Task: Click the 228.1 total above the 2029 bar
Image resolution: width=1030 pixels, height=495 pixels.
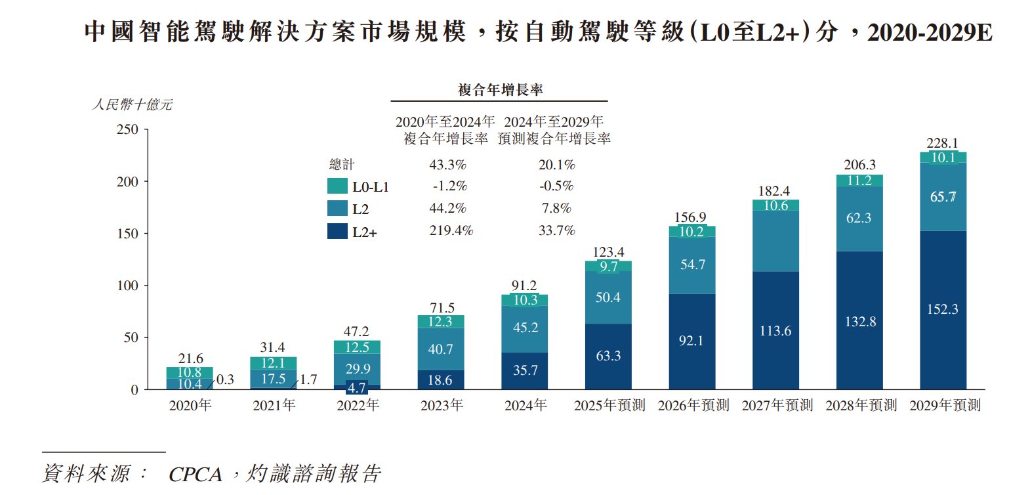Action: (942, 143)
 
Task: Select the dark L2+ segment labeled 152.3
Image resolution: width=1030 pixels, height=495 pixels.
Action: (943, 309)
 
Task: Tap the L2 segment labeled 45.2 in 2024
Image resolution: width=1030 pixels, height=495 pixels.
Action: (525, 328)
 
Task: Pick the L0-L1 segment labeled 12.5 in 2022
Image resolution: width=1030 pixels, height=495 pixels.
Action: (357, 347)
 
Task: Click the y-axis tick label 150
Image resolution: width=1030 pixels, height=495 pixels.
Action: (127, 234)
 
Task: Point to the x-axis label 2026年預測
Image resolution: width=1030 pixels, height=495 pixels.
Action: (693, 406)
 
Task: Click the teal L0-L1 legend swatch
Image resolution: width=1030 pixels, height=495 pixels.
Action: (337, 186)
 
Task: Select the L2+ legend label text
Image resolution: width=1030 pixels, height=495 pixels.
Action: (365, 232)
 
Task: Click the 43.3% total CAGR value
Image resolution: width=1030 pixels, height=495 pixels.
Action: (447, 165)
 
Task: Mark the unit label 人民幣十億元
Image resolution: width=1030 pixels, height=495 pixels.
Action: (132, 105)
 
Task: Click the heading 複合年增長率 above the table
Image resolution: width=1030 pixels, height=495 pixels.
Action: (500, 90)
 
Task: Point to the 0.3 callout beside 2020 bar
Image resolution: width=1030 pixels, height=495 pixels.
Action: (225, 379)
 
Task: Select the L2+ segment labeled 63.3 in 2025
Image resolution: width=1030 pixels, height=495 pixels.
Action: (608, 356)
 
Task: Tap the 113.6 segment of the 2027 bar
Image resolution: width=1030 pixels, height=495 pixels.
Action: (775, 331)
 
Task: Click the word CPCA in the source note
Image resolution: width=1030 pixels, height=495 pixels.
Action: (195, 474)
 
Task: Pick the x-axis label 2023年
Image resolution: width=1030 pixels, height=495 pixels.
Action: (442, 406)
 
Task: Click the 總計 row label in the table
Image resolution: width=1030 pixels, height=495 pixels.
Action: (341, 165)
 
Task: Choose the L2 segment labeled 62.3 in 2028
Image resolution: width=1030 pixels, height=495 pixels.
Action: (859, 219)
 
